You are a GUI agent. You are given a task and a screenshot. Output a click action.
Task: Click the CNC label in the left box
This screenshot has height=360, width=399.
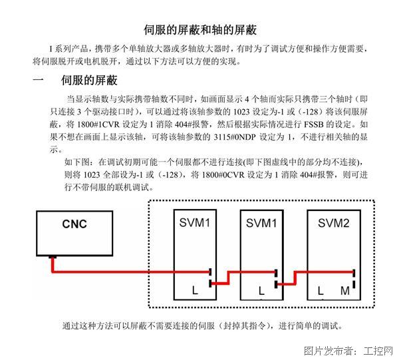pos(74,224)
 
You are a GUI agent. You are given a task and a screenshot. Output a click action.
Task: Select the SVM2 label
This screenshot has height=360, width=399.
pos(333,223)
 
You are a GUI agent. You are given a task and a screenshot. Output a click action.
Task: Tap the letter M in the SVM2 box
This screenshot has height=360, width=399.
pos(345,291)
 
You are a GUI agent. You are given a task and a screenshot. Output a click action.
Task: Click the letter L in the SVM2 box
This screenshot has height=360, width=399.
pos(321,291)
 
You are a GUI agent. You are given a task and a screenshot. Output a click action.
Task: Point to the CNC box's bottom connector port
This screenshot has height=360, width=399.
pos(53,257)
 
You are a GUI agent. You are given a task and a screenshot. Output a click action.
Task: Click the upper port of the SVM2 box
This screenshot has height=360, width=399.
pos(354,272)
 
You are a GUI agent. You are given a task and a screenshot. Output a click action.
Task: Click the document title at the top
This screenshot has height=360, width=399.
pos(200,30)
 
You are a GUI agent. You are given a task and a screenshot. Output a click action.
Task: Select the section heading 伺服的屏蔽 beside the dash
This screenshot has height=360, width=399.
pos(89,81)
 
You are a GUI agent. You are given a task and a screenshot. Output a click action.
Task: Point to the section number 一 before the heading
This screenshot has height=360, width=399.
pos(38,80)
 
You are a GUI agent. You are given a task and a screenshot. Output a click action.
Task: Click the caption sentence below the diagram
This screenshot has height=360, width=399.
pos(203,325)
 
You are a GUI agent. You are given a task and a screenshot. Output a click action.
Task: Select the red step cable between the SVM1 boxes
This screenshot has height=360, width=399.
pos(229,277)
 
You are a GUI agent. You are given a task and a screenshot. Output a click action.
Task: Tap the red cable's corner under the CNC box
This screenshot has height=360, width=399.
pos(53,271)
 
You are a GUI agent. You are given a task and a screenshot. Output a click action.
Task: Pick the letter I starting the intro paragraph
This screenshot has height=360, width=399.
pos(51,49)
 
